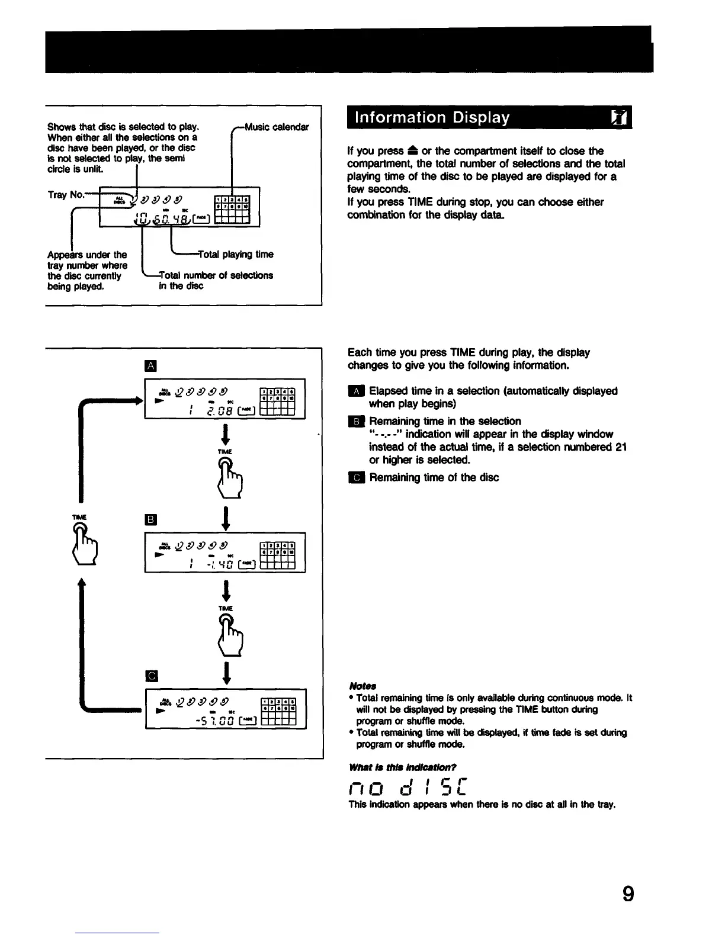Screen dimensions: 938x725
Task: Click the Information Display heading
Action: tap(432, 118)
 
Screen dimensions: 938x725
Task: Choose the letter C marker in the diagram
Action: tap(151, 676)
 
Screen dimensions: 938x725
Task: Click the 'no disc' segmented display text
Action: tap(409, 788)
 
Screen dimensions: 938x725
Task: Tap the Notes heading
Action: tap(360, 686)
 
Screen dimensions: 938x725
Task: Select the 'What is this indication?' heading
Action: tap(403, 768)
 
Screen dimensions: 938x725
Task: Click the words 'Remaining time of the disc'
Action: tap(434, 477)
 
